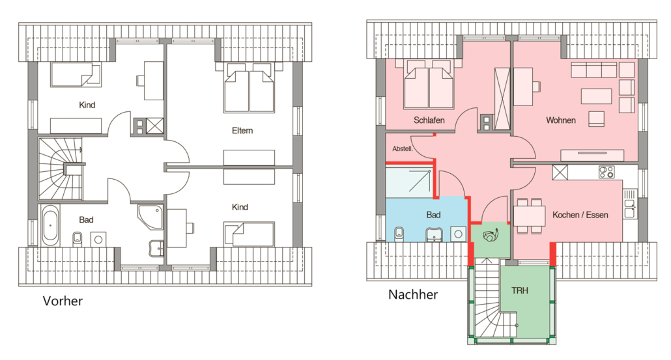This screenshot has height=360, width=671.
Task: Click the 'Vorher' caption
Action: pos(63,301)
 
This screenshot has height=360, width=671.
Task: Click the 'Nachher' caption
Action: pos(413,295)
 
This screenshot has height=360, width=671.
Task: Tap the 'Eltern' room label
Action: pos(242,130)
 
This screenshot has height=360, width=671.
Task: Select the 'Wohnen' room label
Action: pos(561,120)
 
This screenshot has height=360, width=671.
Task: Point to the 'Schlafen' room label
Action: pos(429,120)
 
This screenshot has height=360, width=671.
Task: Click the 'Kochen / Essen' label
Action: pos(580,215)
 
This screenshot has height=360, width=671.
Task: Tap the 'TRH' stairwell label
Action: pos(519,291)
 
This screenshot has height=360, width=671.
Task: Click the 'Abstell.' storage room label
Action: pos(403,149)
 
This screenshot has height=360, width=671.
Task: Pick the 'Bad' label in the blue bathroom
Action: pos(433,215)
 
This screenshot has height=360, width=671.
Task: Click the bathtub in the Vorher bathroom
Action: pos(50,225)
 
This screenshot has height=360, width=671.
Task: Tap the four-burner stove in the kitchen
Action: pos(607,173)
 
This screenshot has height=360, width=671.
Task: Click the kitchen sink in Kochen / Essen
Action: pos(629,204)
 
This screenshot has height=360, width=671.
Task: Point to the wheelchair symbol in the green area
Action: pos(491,235)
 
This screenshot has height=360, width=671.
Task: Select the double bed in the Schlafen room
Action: pos(429,84)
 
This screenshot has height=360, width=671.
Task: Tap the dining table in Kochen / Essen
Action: pos(530,216)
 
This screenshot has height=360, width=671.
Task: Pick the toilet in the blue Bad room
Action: pos(399,234)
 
